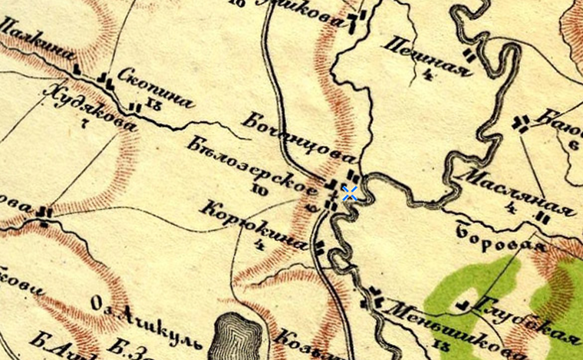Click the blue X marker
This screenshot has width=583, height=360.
pos(350,193)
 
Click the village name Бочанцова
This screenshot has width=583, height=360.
pos(295,139)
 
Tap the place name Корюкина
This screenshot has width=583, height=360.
pos(256,226)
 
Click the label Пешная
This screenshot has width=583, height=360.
pos(429,58)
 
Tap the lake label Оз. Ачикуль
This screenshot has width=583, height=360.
pos(146,322)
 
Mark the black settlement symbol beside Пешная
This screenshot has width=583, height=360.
pos(469,55)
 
